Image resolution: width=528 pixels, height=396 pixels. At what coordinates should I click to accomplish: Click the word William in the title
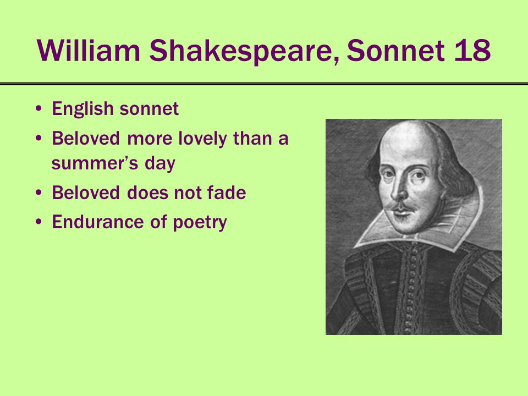pos(88,51)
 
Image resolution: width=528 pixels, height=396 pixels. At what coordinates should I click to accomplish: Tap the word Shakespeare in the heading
pos(244,51)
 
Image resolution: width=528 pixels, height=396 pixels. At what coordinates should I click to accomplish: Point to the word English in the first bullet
pos(82,109)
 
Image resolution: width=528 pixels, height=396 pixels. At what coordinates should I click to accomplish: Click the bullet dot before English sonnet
pos(39,109)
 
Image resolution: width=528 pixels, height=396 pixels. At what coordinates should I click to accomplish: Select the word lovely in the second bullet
pos(202,139)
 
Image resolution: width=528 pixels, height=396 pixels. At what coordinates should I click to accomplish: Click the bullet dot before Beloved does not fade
pos(39,193)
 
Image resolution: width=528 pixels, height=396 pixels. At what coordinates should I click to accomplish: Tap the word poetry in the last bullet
pos(200,223)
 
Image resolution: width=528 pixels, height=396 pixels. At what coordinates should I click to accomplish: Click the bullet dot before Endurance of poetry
pos(39,222)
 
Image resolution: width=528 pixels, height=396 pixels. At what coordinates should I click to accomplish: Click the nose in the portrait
pos(399,189)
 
